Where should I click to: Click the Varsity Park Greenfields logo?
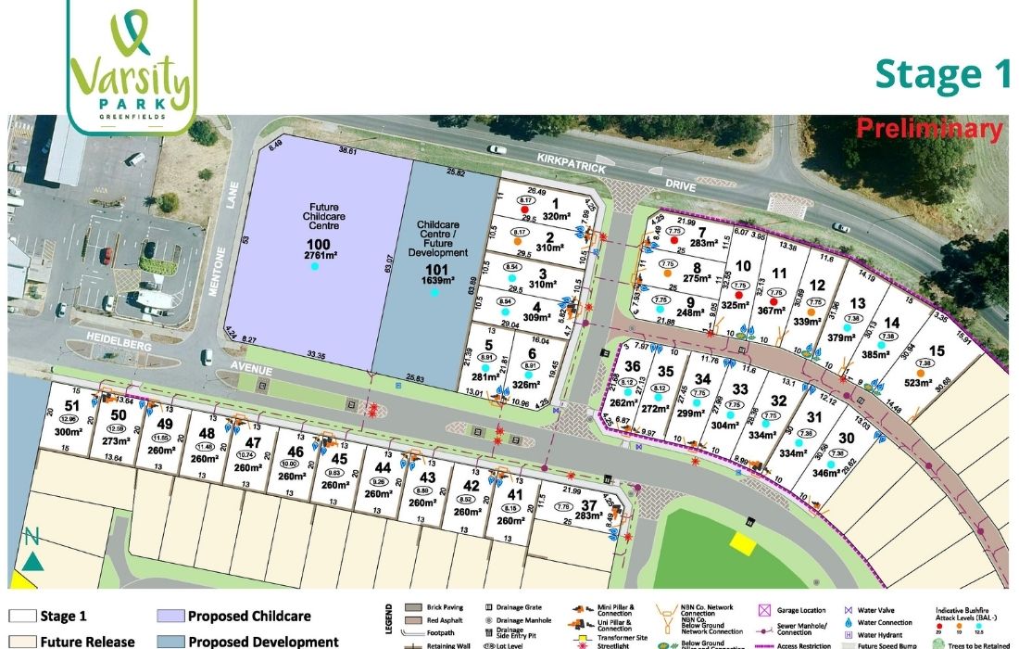[x=132, y=64]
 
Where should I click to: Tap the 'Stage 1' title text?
[x=943, y=74]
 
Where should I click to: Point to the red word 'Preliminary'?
[x=929, y=128]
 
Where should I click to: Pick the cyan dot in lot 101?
[x=434, y=293]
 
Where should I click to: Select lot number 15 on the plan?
[x=937, y=350]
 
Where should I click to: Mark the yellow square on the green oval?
[x=742, y=543]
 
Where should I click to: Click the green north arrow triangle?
[x=33, y=560]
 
